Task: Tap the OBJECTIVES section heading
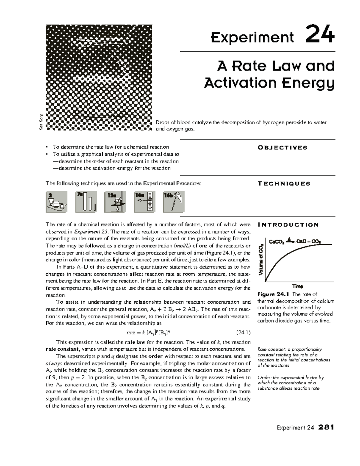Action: (282, 148)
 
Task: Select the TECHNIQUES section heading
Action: (284, 184)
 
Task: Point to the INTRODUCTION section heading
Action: (288, 225)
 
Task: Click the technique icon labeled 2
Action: (56, 202)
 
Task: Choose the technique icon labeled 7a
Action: (86, 202)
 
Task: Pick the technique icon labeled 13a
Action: (115, 202)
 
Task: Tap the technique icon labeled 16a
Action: (144, 202)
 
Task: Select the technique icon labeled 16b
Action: (174, 202)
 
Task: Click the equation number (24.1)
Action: (243, 332)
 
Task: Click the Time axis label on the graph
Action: (298, 286)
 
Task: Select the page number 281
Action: (326, 428)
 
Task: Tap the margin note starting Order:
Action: (291, 383)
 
